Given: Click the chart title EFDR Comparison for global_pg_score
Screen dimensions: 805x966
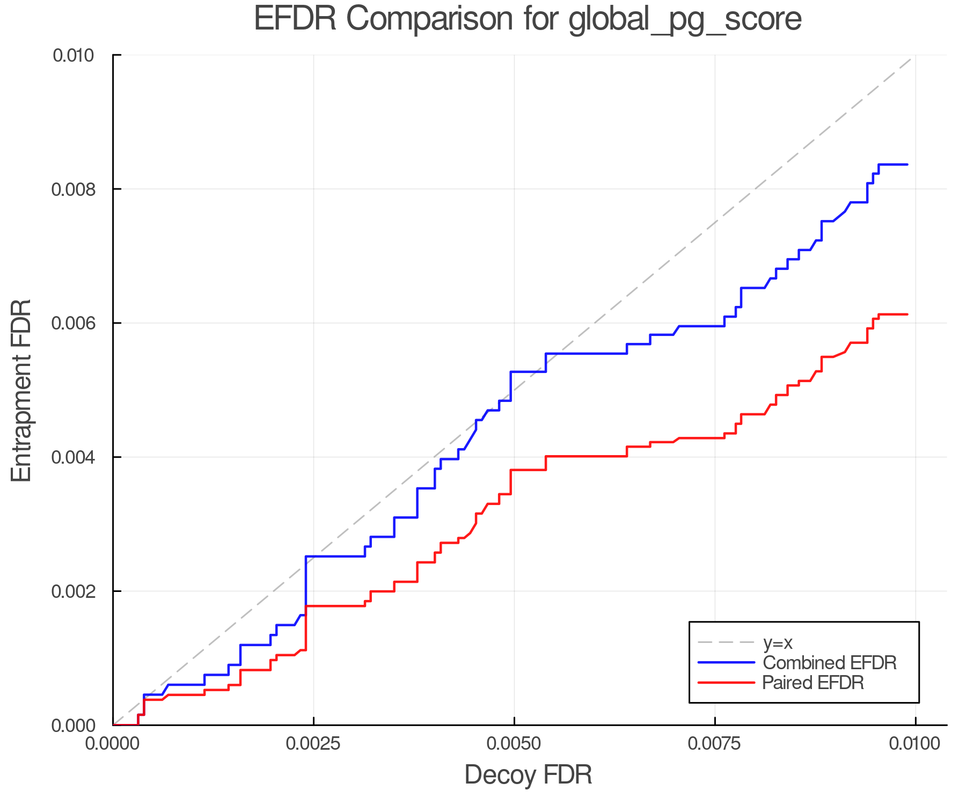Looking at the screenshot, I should pos(528,19).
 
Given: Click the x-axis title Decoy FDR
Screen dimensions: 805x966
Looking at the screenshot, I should pos(528,774).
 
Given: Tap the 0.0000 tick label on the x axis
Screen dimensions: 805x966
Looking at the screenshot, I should pos(113,743).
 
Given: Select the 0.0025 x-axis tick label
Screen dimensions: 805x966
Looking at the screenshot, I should pos(313,743).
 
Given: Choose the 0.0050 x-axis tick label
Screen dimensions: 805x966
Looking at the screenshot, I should pos(514,743).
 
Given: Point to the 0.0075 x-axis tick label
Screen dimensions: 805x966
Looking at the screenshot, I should pos(715,743).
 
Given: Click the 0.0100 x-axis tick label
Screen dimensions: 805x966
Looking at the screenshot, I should pos(915,743).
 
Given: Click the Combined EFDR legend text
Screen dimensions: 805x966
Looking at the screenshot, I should pos(829,663).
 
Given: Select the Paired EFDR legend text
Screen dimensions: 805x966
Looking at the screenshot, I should pos(813,683).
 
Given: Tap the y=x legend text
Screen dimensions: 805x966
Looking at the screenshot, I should pos(778,642).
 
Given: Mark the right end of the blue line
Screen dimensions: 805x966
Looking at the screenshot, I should pos(907,164).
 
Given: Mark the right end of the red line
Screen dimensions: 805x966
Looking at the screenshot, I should pos(907,314).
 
